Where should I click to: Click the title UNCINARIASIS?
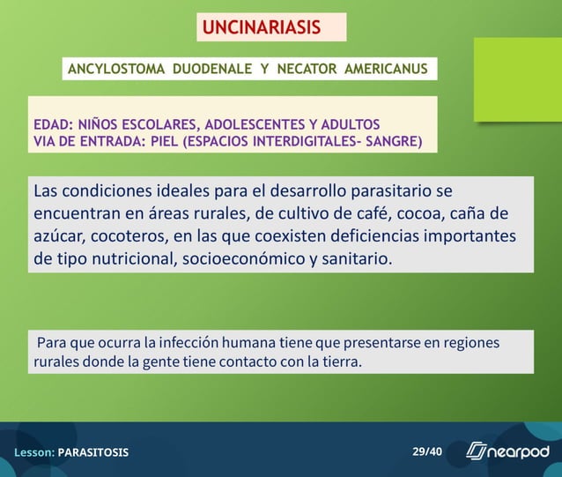(x=262, y=27)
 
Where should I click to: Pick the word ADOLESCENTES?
(x=252, y=123)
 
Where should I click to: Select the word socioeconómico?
(x=226, y=260)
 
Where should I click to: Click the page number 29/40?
(x=427, y=451)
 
